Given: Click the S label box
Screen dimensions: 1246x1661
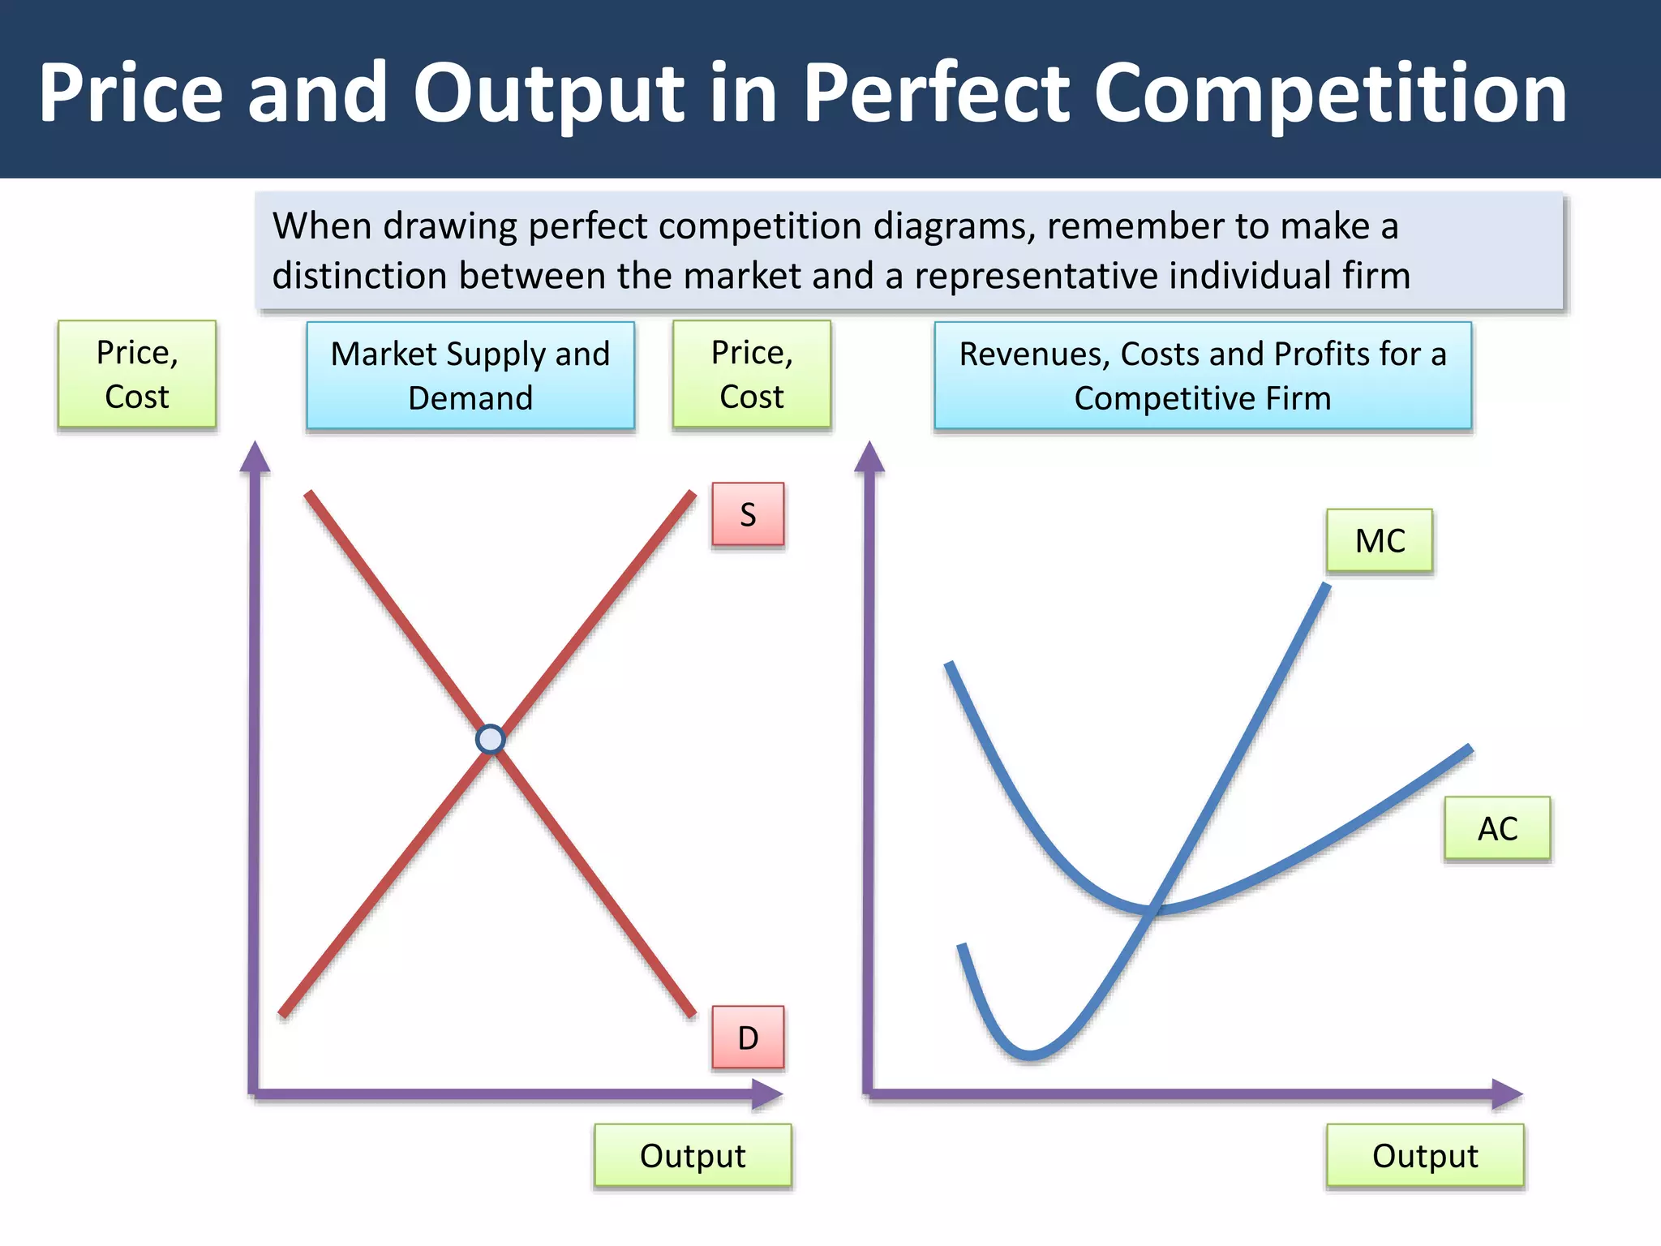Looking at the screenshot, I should tap(748, 514).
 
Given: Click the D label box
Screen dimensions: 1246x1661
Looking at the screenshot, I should tap(748, 1038).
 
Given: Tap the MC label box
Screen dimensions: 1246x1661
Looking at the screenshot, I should tap(1379, 540).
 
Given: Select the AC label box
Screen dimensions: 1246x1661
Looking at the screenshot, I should tap(1496, 828).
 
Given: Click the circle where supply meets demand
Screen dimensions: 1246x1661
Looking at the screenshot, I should tap(490, 739).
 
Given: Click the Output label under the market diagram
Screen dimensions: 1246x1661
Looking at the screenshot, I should tap(692, 1155).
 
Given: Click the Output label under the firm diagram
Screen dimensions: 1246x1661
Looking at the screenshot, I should tap(1424, 1155).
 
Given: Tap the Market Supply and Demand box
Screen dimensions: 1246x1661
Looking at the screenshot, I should tap(470, 375).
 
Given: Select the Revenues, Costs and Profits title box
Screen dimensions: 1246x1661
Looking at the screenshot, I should tap(1202, 375).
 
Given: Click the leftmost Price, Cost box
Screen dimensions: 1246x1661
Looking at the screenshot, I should tap(136, 374).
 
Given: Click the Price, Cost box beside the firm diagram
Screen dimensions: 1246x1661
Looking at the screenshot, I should tap(751, 374).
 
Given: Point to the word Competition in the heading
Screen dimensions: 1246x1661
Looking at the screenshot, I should tap(1330, 93).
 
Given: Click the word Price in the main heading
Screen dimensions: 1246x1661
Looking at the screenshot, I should tap(130, 93).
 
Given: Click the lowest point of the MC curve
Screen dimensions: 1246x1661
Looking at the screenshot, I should tap(1030, 1055).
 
